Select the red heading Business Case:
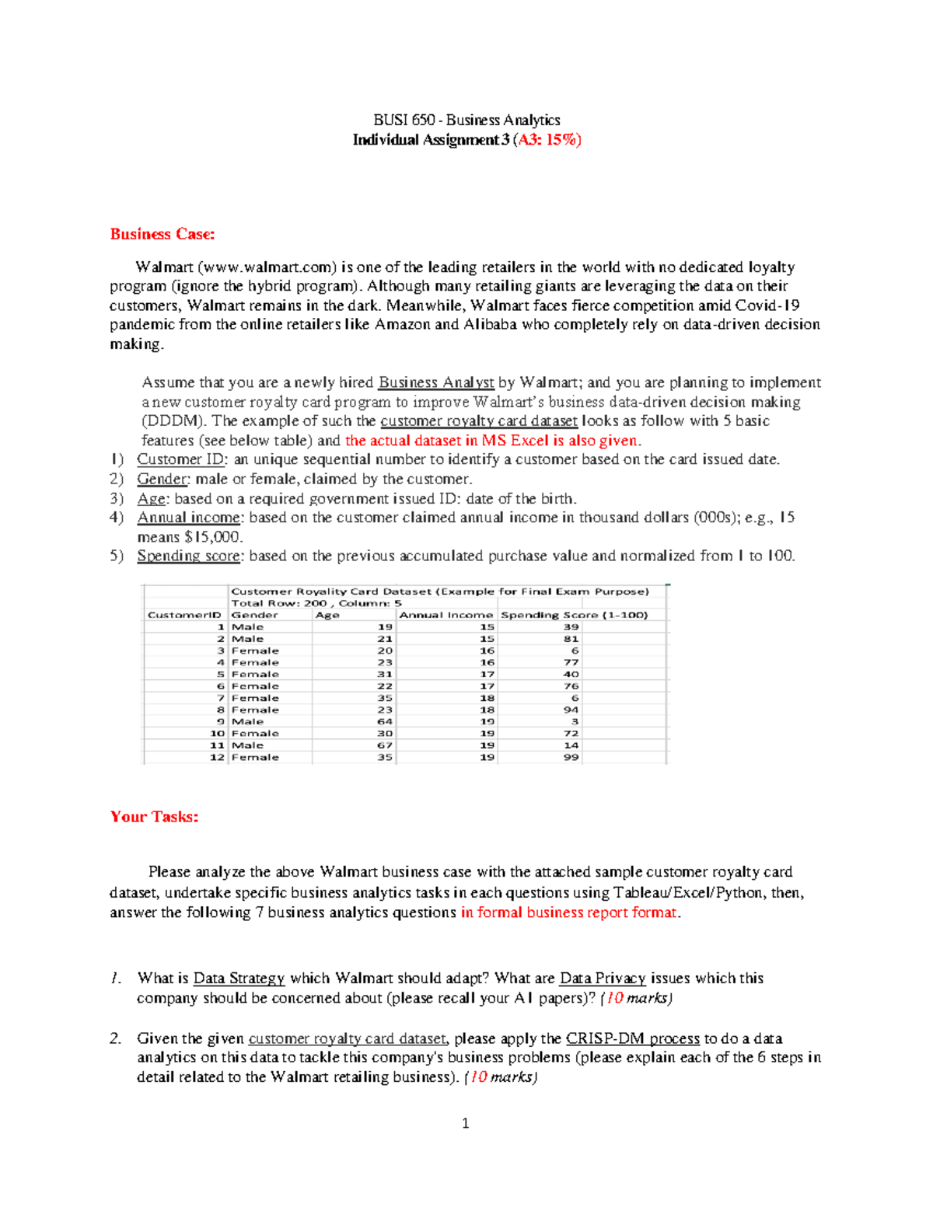[162, 234]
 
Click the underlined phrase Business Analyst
[436, 382]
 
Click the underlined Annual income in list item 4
[189, 518]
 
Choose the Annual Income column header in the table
[446, 615]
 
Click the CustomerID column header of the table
[184, 615]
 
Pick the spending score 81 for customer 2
[571, 639]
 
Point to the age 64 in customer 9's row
[385, 721]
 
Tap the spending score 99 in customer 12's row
[571, 757]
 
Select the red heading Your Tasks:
[154, 817]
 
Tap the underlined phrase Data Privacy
[603, 979]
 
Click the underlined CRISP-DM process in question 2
[633, 1038]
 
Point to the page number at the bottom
[465, 1123]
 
